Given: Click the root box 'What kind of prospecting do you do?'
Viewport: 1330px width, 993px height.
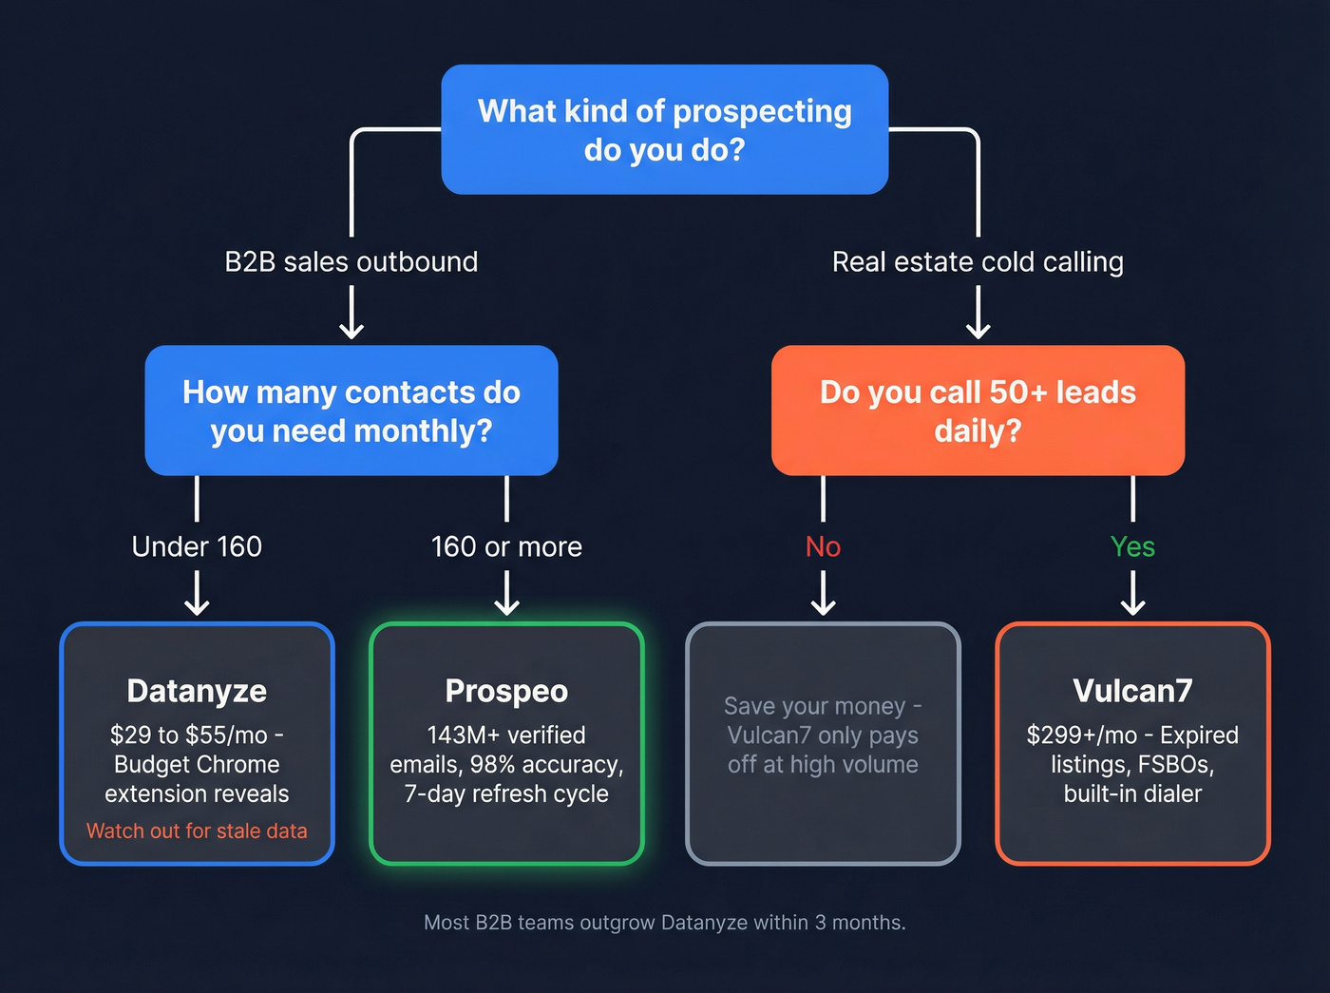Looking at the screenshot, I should [664, 129].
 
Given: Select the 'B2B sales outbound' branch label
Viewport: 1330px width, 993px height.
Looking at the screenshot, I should [351, 261].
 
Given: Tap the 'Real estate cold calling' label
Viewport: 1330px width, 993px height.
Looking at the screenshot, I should [978, 261].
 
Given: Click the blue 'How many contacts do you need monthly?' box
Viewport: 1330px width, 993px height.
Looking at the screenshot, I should [351, 411].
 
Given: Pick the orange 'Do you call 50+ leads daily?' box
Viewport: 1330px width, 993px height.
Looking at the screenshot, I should [978, 411].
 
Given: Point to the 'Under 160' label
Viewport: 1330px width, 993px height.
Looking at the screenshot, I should [197, 546].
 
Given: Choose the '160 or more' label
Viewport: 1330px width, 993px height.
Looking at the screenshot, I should [506, 546].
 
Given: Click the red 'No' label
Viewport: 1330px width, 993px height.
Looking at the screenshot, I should [823, 546].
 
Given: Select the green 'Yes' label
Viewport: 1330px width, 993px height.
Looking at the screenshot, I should [1132, 546].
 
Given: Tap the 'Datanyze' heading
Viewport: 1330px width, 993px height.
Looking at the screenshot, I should [197, 691].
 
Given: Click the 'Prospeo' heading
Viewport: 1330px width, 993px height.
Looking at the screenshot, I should [506, 691].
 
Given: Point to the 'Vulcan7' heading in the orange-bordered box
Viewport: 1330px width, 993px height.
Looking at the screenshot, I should [1132, 691].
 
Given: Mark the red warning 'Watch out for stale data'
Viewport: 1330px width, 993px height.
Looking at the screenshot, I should [197, 831].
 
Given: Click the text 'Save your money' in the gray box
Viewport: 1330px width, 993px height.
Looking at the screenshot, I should [814, 706].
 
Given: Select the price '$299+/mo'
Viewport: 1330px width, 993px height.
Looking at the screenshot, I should [1081, 735].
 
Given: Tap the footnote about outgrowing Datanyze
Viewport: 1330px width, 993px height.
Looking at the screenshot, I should [664, 922].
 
